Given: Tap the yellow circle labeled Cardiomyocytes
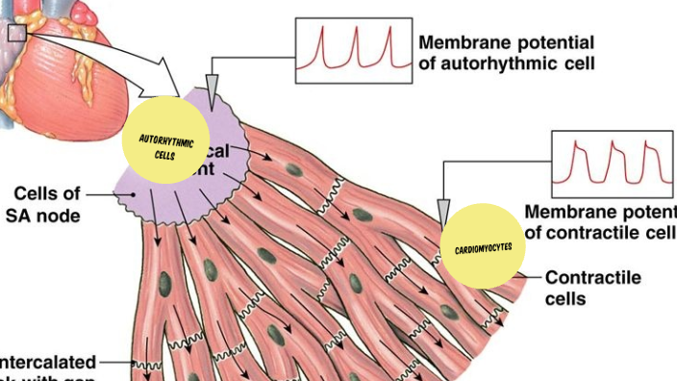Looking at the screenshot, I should (x=483, y=246).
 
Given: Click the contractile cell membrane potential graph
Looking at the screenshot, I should (x=612, y=164).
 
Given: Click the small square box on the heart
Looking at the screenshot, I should (x=17, y=34).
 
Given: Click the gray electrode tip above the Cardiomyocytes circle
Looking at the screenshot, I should (x=442, y=211).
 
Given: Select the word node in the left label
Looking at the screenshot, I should (x=60, y=216).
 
